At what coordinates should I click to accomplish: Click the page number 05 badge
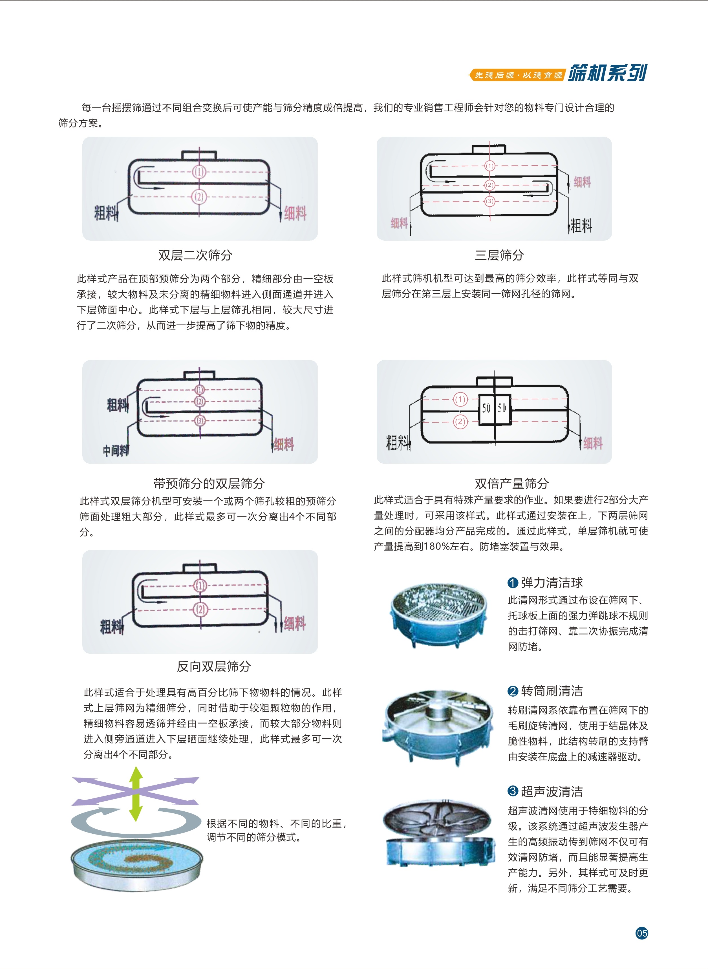pos(641,933)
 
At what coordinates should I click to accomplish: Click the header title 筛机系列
pos(607,73)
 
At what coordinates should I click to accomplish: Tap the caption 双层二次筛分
pos(195,255)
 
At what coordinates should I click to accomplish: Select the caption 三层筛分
pos(499,255)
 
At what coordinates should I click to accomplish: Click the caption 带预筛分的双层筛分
pos(209,484)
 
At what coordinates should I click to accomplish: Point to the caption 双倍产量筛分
pos(512,484)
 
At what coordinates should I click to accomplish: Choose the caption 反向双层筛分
pos(214,666)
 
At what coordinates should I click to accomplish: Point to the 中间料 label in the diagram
pos(116,451)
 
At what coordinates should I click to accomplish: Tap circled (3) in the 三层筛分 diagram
pos(490,201)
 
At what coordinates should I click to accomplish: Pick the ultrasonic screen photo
pos(436,832)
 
